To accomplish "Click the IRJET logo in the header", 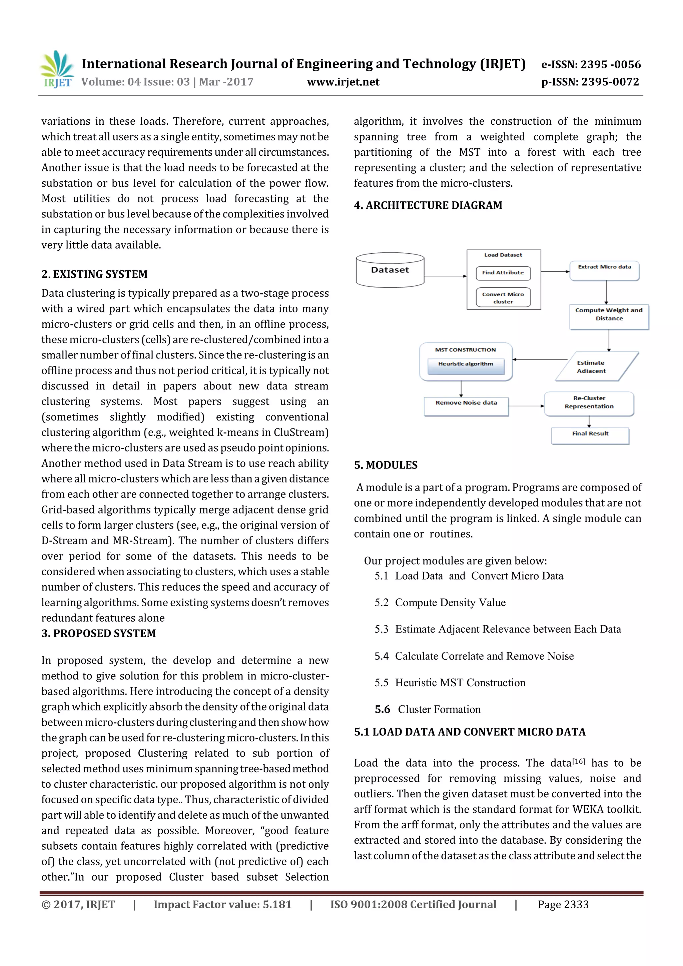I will [x=57, y=69].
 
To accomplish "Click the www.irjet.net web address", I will [x=343, y=82].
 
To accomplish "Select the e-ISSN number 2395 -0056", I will [x=591, y=64].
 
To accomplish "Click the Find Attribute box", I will [x=503, y=273].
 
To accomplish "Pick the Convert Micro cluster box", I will [x=503, y=298].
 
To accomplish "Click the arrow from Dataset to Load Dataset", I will [x=445, y=276].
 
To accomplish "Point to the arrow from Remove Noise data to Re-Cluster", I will [x=526, y=406].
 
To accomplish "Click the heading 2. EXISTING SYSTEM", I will [x=95, y=274].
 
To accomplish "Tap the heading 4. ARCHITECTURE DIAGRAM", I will [x=428, y=205].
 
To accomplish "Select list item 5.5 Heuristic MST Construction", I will [x=450, y=683].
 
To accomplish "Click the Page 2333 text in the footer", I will [x=563, y=905].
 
